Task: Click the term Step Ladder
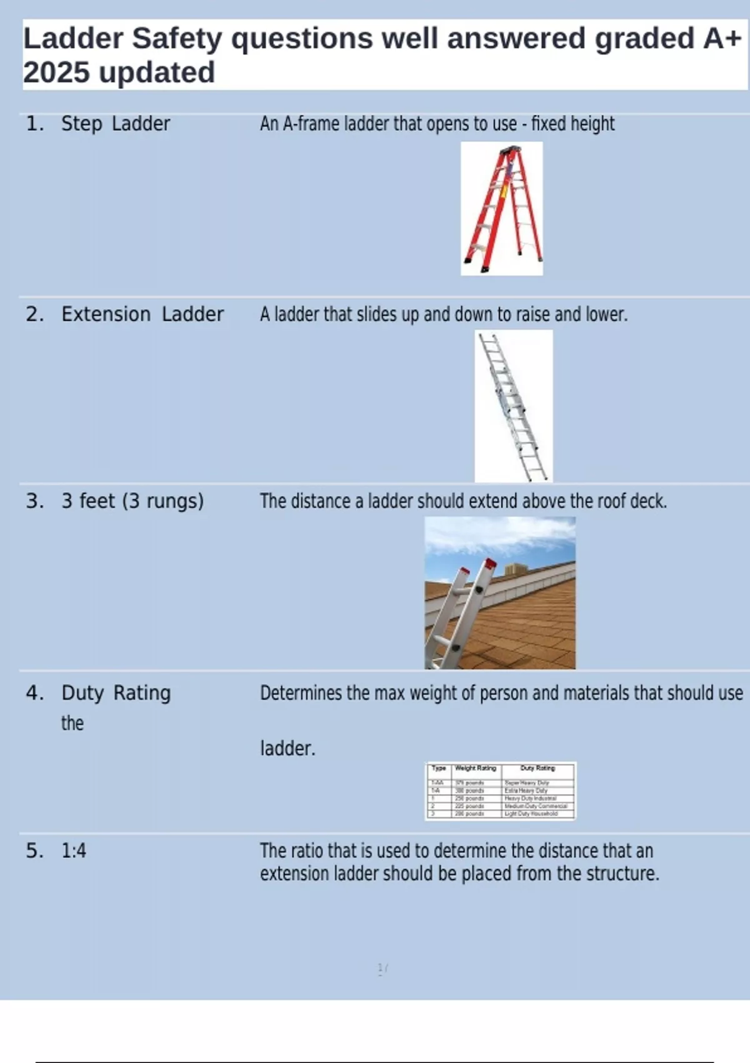(115, 124)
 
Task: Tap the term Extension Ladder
(142, 314)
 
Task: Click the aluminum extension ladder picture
(513, 406)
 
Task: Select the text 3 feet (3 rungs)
(132, 501)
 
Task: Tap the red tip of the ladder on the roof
(491, 563)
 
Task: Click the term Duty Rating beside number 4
(116, 693)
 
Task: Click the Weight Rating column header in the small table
(475, 768)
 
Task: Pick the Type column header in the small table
(439, 768)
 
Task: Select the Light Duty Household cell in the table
(531, 814)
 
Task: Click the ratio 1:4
(74, 851)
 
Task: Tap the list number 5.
(34, 851)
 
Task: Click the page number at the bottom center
(382, 969)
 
